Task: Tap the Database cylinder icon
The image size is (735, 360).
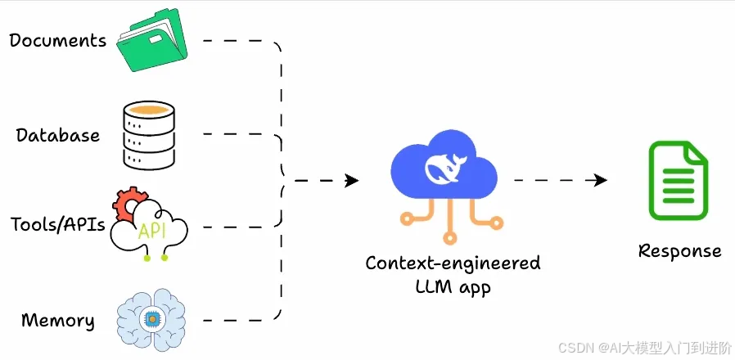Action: point(150,136)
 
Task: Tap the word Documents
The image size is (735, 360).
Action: point(58,40)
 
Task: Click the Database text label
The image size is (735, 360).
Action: point(58,135)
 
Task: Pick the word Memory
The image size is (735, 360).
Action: point(57,320)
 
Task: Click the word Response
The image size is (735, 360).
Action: point(679,250)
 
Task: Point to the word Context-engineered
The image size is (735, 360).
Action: point(453,263)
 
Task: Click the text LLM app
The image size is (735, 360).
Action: point(453,287)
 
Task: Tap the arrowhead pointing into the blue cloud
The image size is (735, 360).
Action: point(352,180)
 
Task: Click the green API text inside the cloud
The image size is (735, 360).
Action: point(151,231)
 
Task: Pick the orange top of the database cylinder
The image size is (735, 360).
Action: point(150,109)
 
